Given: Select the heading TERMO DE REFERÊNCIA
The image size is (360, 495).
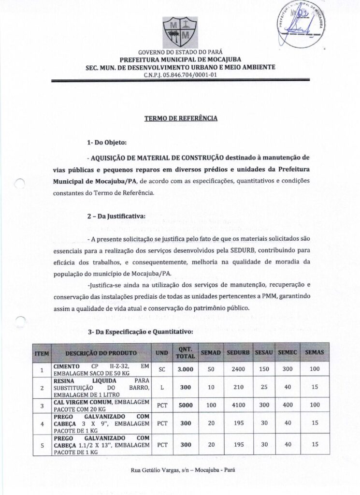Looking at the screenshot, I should [x=180, y=117].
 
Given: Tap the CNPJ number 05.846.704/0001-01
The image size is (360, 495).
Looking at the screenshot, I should [x=180, y=75].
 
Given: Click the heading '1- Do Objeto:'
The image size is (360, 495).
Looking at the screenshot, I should [x=106, y=143].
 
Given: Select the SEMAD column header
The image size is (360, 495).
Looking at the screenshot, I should [x=210, y=353].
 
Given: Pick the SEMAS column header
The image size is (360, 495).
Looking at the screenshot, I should [x=315, y=353].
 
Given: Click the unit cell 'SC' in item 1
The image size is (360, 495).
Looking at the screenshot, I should [x=162, y=370].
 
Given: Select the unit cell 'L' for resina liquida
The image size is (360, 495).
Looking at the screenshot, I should [x=162, y=388].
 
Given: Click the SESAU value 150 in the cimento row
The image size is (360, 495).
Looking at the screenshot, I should [x=264, y=370].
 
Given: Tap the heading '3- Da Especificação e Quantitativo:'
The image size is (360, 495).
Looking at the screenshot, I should [x=140, y=332].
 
